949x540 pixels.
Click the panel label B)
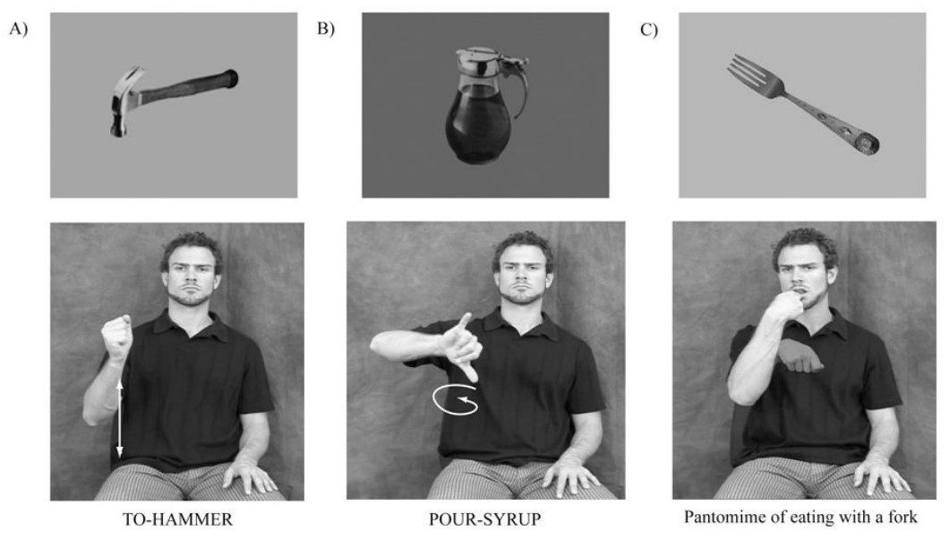point(326,30)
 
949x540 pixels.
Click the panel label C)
point(648,30)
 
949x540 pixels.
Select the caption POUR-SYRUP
point(484,519)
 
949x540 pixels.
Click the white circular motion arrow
point(455,399)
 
